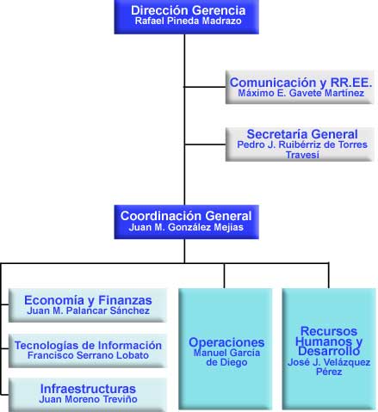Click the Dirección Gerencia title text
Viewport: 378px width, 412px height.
click(x=188, y=10)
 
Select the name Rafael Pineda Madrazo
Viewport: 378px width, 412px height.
click(x=188, y=21)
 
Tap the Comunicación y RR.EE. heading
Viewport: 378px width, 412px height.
click(x=301, y=83)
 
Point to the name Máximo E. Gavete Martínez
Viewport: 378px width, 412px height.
click(x=301, y=93)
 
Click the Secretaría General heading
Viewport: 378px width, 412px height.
click(x=302, y=134)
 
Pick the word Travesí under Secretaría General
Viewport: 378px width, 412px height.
click(x=302, y=155)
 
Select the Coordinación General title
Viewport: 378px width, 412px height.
click(x=186, y=216)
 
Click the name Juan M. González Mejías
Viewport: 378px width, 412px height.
click(x=186, y=227)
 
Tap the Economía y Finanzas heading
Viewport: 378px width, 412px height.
click(x=88, y=300)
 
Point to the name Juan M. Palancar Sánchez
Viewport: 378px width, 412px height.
click(x=88, y=311)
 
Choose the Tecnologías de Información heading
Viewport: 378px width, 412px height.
click(x=88, y=346)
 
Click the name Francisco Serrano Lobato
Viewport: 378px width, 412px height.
click(x=88, y=355)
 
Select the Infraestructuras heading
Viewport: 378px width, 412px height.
click(x=88, y=389)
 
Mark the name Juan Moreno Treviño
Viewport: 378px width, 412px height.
click(x=88, y=399)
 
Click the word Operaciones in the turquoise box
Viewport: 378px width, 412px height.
click(x=226, y=342)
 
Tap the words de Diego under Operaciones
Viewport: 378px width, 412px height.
click(x=226, y=362)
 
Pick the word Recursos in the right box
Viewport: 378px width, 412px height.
click(x=329, y=331)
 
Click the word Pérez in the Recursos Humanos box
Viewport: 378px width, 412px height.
click(x=329, y=372)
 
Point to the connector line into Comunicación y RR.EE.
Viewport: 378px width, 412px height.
click(x=205, y=87)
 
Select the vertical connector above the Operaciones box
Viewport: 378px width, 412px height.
click(x=224, y=275)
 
